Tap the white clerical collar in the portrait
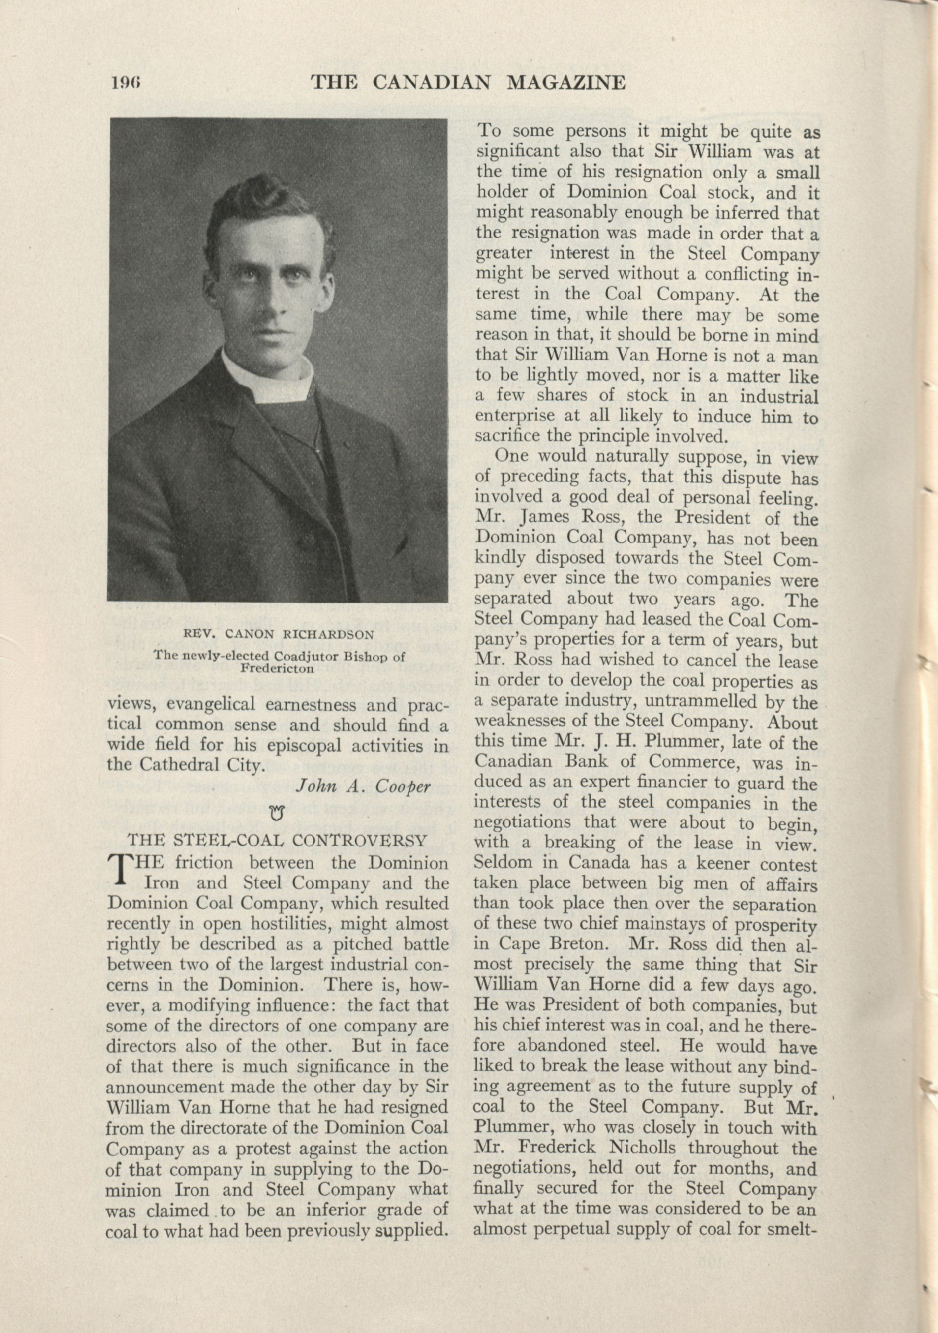click(267, 377)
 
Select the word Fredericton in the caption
click(277, 666)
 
